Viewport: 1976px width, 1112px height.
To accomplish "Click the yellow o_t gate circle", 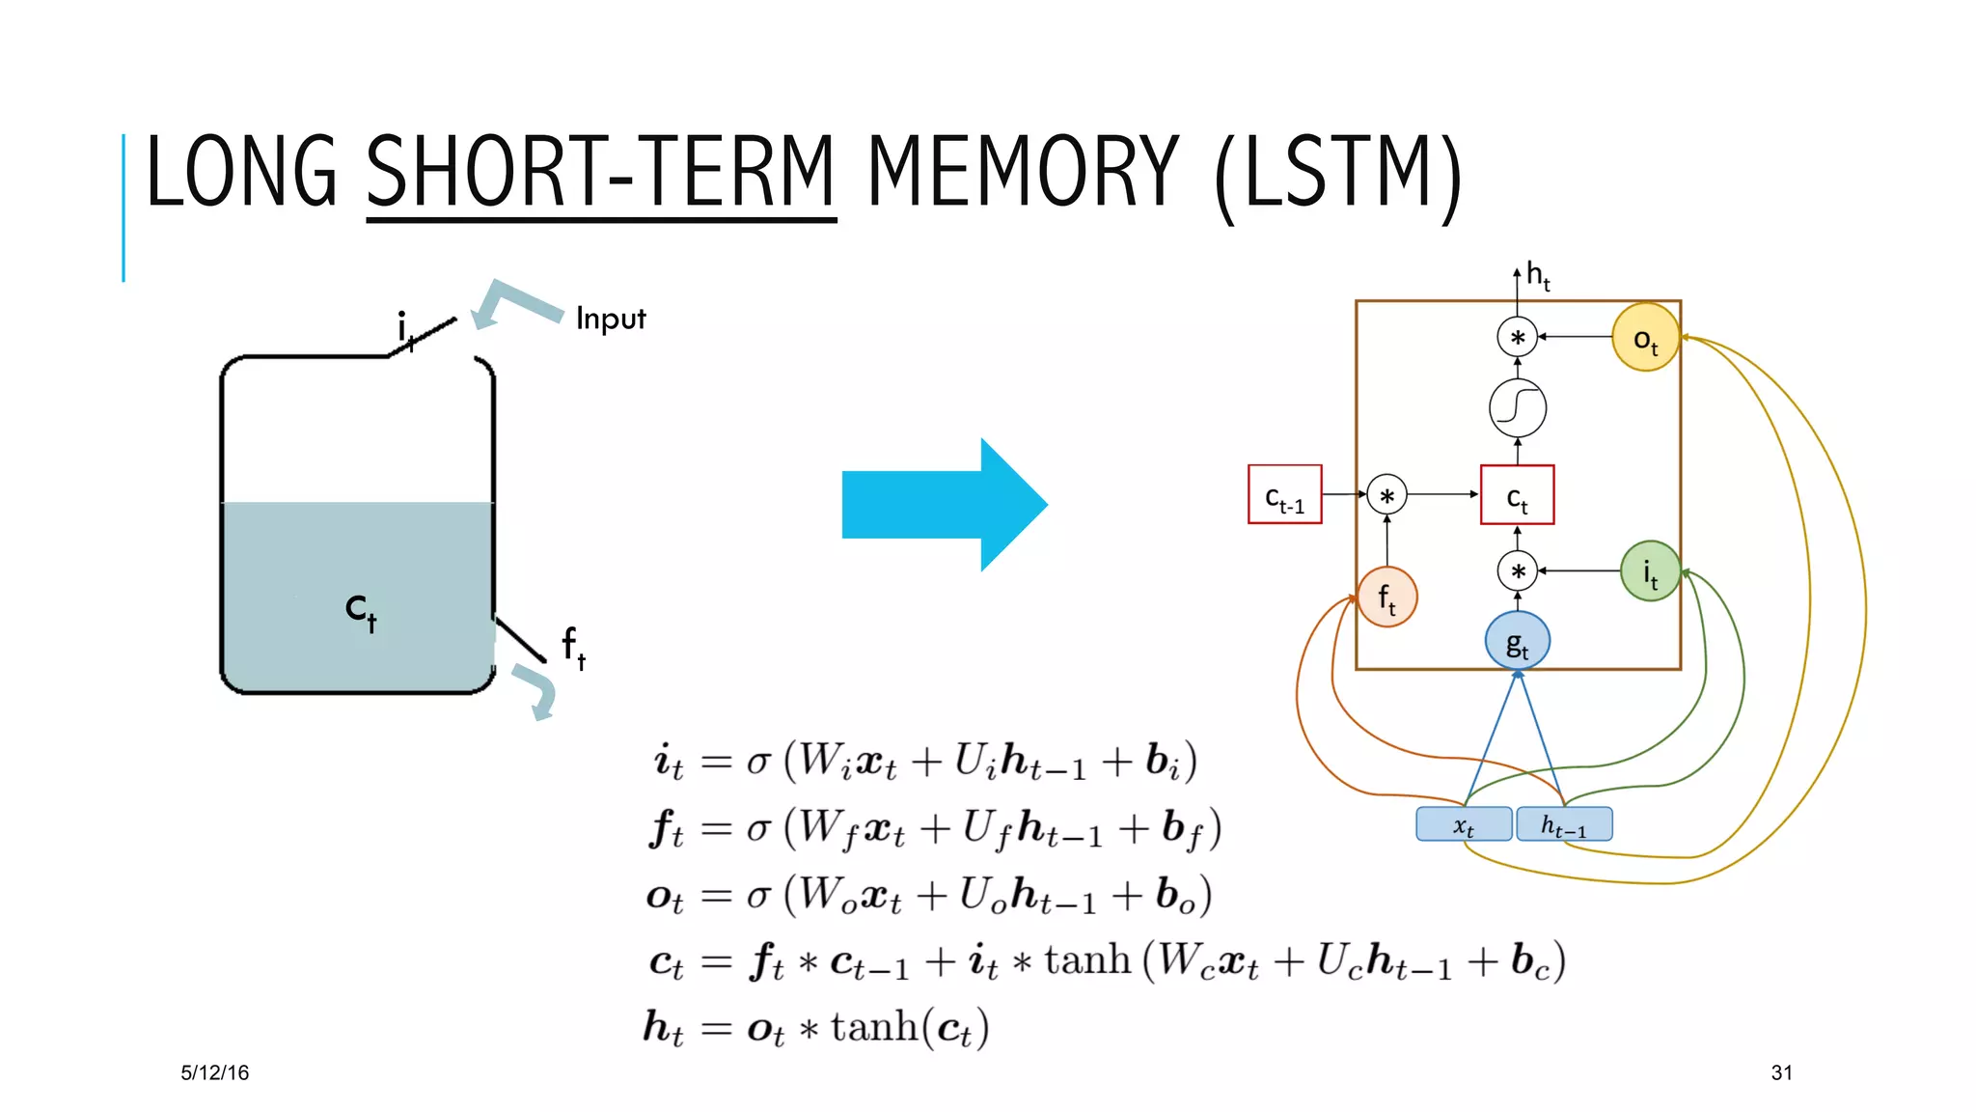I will [1645, 338].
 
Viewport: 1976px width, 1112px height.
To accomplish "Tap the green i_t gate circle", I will [1650, 571].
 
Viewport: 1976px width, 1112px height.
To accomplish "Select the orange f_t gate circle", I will [1386, 598].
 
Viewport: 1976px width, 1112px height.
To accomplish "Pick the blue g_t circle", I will [1517, 641].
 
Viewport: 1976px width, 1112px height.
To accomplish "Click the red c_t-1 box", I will [1284, 495].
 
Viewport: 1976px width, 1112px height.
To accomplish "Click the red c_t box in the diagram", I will [1517, 495].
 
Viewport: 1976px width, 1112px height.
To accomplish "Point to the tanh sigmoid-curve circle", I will [1517, 407].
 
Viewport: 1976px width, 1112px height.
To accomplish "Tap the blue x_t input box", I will [1464, 824].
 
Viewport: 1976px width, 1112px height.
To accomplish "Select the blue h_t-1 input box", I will [1563, 824].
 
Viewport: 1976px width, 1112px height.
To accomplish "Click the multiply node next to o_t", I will [1517, 338].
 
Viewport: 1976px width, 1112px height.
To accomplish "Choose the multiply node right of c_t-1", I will [1386, 495].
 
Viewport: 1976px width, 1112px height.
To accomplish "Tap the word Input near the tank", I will [610, 319].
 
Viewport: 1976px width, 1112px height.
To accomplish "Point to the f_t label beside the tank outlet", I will [573, 647].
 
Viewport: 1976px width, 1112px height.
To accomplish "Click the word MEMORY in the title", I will [1023, 174].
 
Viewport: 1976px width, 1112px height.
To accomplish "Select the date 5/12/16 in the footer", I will [214, 1072].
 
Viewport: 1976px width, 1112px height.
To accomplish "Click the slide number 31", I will [1781, 1072].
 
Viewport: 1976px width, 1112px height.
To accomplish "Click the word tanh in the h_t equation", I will [873, 1027].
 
